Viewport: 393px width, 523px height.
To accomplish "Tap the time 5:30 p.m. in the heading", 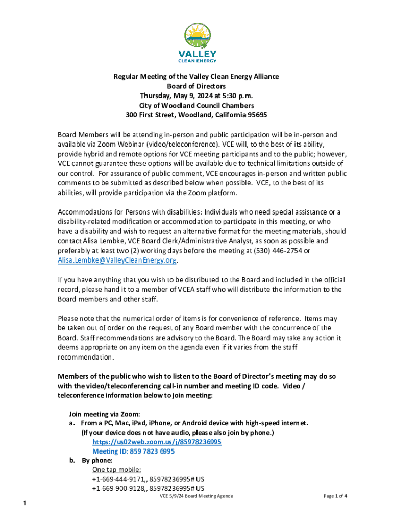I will click(x=237, y=96).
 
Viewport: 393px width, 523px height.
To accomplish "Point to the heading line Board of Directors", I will click(x=196, y=86).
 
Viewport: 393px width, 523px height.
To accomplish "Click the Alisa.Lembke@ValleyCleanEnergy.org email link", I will click(x=117, y=260).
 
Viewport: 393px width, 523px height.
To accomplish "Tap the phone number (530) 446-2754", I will click(x=279, y=250).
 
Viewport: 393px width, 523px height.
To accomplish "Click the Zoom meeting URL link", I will click(x=157, y=442).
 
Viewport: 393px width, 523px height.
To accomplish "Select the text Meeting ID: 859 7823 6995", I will click(x=133, y=452).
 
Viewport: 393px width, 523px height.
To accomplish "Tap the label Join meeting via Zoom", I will click(x=105, y=414).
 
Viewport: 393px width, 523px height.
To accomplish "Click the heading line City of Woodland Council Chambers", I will click(x=196, y=106).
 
